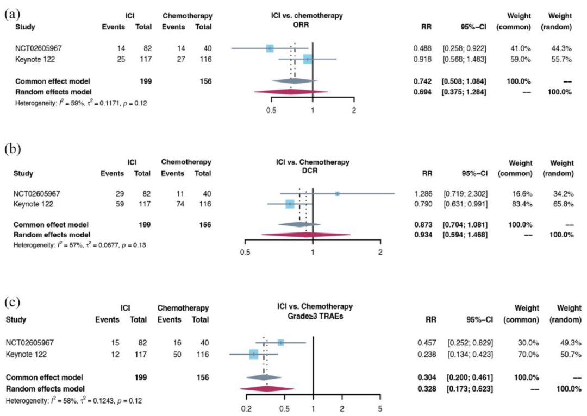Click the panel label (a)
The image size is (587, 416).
(x=13, y=15)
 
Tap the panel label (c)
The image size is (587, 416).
(x=13, y=301)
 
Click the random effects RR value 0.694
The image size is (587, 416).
(x=422, y=92)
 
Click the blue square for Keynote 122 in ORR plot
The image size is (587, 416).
(x=308, y=59)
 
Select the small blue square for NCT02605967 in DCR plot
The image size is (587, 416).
(x=338, y=193)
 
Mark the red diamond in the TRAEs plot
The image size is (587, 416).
(x=267, y=388)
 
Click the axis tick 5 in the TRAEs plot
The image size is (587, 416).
(x=380, y=408)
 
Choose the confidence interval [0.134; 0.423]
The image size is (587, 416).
(x=470, y=354)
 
